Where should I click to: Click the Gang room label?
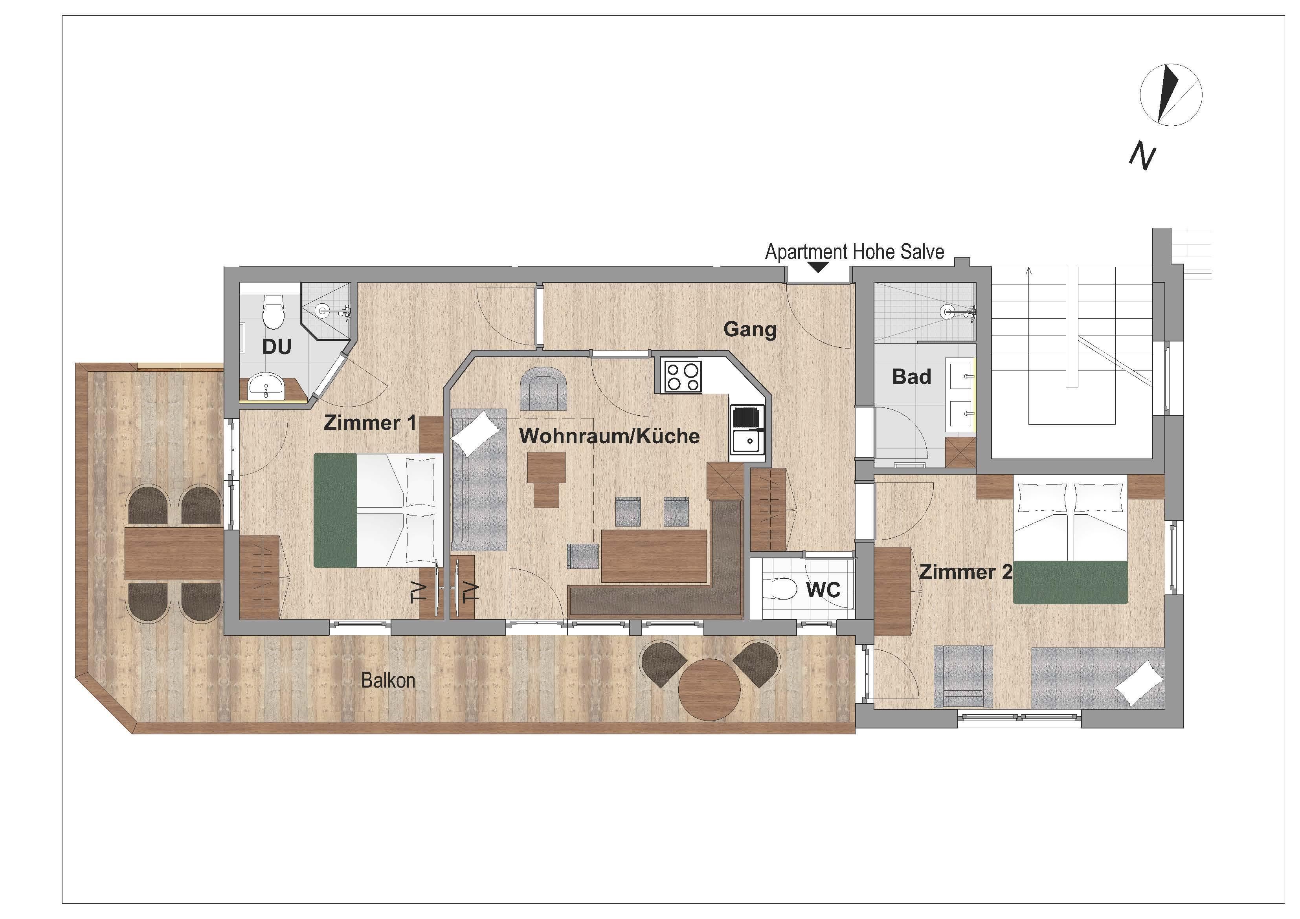point(750,330)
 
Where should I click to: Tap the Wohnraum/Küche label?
point(609,436)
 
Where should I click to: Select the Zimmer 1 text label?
point(370,423)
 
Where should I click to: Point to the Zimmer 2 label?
point(965,572)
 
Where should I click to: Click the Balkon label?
point(388,680)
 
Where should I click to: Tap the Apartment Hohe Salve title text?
point(854,251)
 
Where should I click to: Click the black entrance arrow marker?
point(818,267)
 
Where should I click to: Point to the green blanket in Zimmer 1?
point(335,510)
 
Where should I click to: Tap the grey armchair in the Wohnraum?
point(544,389)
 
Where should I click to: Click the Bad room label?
point(912,376)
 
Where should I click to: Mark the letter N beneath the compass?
point(1142,156)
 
